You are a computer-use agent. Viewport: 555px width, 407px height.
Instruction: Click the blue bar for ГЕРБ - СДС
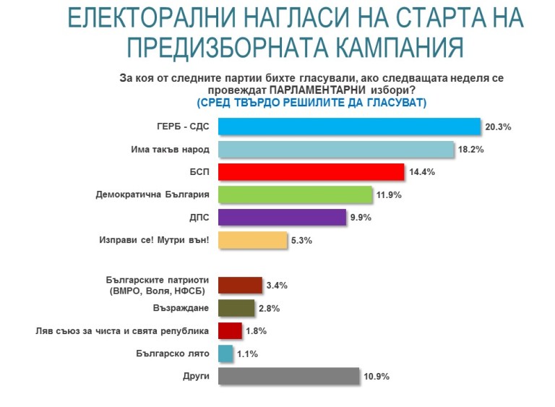(x=349, y=127)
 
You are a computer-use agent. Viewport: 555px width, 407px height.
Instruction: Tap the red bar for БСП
(x=310, y=172)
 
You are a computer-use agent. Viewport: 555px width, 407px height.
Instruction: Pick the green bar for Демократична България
(x=295, y=194)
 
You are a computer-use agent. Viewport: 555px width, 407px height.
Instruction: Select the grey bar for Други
(x=288, y=376)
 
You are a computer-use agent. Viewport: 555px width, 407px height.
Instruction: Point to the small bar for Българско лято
(x=225, y=354)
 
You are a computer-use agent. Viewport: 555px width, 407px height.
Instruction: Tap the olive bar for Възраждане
(x=236, y=308)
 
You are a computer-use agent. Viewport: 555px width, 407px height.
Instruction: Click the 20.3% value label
(x=498, y=127)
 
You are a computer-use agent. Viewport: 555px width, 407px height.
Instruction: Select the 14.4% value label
(x=421, y=173)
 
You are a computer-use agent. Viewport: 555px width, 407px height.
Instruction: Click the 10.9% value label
(x=377, y=377)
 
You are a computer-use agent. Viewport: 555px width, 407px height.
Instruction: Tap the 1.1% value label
(x=246, y=354)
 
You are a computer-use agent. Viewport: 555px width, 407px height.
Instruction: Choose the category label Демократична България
(x=153, y=194)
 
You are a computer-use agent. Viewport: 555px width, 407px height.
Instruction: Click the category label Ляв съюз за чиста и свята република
(x=123, y=330)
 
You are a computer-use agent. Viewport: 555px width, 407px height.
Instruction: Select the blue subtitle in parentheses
(x=311, y=103)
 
